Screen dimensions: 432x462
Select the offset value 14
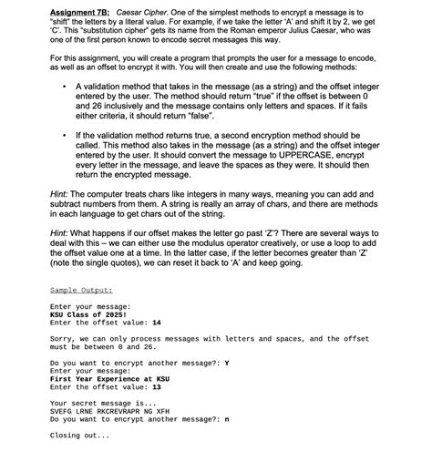click(157, 323)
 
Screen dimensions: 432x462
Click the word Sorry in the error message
click(63, 339)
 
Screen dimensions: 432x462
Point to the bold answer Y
click(226, 364)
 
